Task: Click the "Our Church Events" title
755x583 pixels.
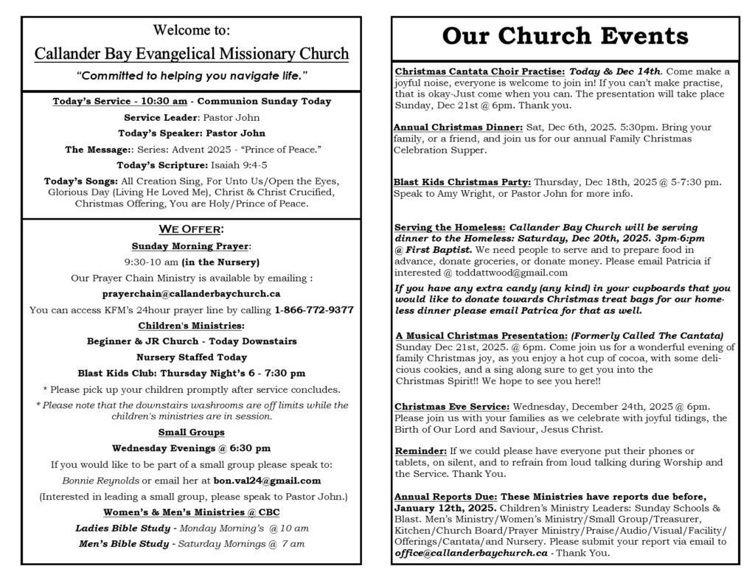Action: pos(566,36)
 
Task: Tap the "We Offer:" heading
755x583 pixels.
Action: pos(191,229)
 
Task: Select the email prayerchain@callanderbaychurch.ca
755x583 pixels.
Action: pos(192,293)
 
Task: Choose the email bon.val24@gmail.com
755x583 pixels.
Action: pos(267,481)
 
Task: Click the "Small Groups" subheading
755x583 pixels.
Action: pos(191,431)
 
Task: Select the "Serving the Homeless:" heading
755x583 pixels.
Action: pos(450,227)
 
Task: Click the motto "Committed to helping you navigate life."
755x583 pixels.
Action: pos(191,76)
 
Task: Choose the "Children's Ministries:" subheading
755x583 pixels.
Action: pos(191,325)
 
